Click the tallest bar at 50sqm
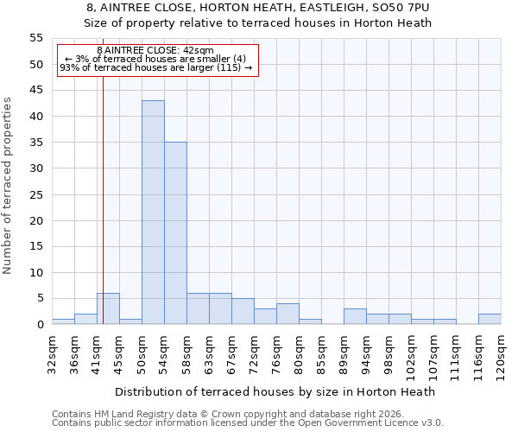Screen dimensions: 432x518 tap(153, 213)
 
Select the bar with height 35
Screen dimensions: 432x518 tap(175, 233)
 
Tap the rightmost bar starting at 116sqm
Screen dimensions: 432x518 tap(490, 319)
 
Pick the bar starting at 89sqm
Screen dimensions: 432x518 tap(355, 316)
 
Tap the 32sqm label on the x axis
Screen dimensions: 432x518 tap(52, 353)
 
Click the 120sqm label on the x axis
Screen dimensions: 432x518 tap(501, 355)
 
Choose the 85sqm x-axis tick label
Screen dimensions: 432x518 tap(321, 353)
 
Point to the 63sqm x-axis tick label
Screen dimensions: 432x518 tap(209, 353)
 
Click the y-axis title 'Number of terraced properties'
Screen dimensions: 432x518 tap(8, 185)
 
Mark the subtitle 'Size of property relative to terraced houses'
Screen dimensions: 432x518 tap(258, 22)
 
